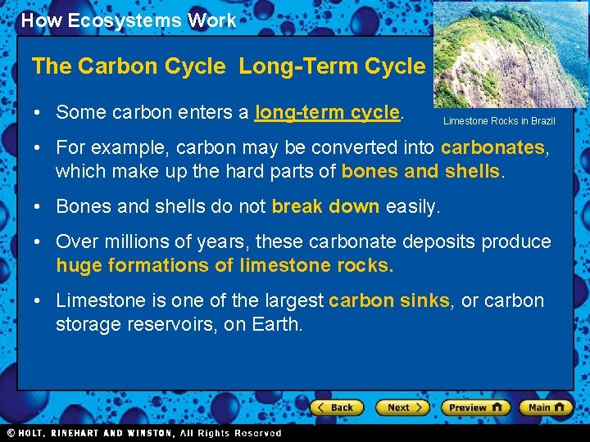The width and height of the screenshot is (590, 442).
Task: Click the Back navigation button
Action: click(336, 407)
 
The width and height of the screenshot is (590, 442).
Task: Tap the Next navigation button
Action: click(402, 407)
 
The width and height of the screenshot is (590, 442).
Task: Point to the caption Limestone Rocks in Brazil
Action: click(499, 121)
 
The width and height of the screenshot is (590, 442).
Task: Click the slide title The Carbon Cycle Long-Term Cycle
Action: click(228, 66)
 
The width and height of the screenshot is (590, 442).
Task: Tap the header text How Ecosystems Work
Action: click(129, 20)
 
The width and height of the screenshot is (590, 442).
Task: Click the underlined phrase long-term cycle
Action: click(328, 112)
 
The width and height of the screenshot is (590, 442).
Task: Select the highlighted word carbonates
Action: click(492, 148)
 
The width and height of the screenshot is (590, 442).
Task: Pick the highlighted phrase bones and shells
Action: click(420, 171)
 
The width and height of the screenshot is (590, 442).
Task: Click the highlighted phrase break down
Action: click(325, 206)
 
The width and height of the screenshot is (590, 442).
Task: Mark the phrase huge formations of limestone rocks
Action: click(225, 265)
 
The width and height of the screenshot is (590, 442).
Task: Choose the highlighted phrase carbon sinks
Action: click(388, 300)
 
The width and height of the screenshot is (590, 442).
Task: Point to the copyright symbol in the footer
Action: click(11, 433)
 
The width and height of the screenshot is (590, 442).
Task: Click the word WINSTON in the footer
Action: click(148, 433)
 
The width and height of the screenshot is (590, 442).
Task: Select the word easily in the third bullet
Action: click(411, 206)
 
